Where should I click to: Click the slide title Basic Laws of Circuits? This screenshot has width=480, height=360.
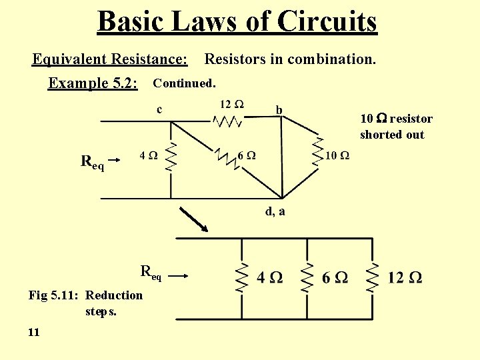(x=237, y=21)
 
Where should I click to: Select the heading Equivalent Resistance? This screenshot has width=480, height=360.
(x=110, y=60)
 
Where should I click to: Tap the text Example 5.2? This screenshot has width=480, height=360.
(x=93, y=83)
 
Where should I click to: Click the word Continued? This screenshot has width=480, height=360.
(x=184, y=84)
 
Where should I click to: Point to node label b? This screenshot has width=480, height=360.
(x=279, y=109)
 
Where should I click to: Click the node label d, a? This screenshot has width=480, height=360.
(x=275, y=211)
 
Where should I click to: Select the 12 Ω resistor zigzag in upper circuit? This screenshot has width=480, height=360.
(x=228, y=121)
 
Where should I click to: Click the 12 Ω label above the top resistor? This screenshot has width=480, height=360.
(x=231, y=105)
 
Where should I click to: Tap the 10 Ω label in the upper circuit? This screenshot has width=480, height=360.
(x=337, y=155)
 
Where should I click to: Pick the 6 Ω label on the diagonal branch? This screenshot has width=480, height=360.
(x=246, y=155)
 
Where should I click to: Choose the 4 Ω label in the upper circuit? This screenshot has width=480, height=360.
(x=148, y=155)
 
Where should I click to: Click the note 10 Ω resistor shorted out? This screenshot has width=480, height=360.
(x=396, y=127)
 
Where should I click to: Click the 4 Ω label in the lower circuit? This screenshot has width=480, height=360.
(x=269, y=277)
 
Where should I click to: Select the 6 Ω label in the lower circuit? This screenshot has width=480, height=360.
(x=335, y=277)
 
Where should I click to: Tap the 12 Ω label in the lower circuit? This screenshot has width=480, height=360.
(x=405, y=277)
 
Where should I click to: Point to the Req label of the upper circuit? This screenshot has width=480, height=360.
(x=93, y=161)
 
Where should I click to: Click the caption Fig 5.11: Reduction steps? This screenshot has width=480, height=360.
(x=85, y=303)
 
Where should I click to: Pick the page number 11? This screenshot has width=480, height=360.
(x=34, y=331)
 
